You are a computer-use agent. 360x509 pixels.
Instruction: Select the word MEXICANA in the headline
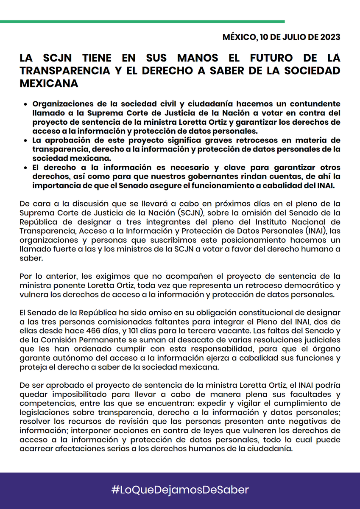49,84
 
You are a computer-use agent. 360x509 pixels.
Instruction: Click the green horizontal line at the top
142,21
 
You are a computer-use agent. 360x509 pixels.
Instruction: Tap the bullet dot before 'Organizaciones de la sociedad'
26,104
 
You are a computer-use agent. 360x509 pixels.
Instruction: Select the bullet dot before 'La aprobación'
26,140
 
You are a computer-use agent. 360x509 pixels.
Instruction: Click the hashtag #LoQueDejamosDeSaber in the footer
180,490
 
